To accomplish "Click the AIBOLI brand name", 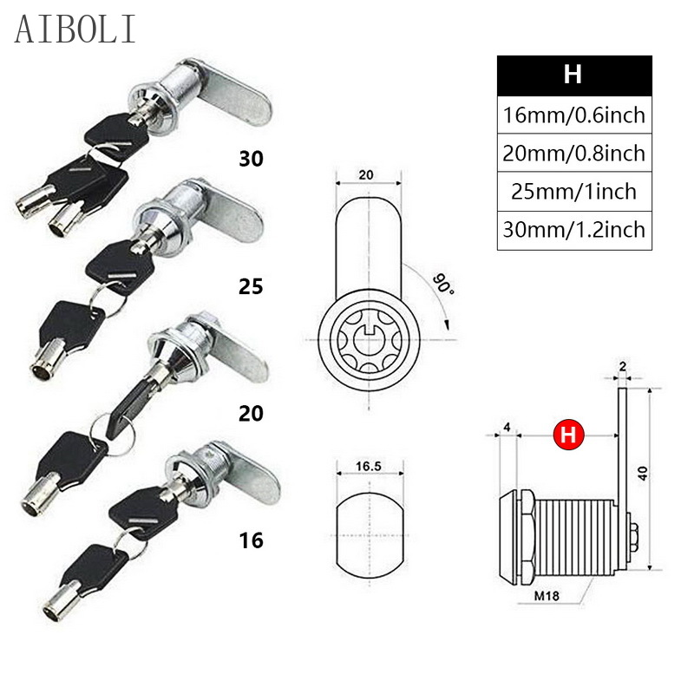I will point(75,29).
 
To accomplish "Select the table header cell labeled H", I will point(573,75).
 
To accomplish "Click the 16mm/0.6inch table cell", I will point(573,115).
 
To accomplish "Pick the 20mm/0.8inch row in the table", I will point(573,153).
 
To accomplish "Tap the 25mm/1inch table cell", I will point(573,191).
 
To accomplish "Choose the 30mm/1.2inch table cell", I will point(573,230).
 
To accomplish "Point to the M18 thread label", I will point(547,596).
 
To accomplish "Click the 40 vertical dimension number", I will point(643,473).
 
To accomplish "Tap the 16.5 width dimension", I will point(369,467).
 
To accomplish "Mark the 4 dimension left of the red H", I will point(507,427).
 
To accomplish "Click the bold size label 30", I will point(252,159).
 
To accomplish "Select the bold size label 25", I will point(252,286).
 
